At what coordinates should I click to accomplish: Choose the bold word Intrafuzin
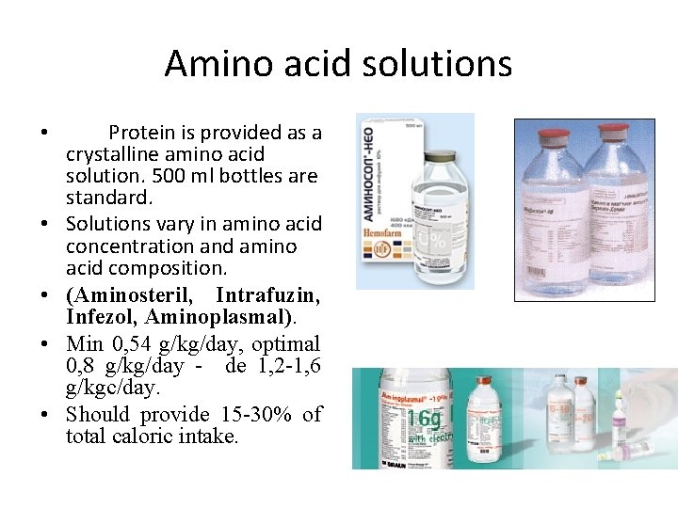click(x=267, y=295)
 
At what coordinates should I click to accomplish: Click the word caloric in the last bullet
click(x=162, y=437)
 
